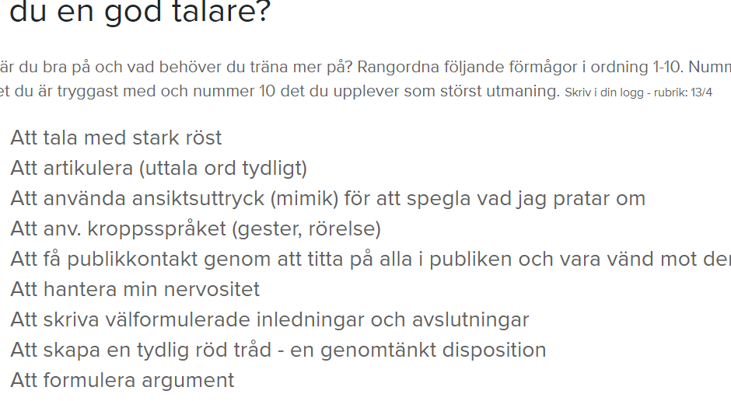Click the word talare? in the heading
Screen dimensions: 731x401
(222, 11)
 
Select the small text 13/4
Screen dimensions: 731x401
(701, 92)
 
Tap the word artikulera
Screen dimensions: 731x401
(88, 168)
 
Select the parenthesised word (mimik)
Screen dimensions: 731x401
(305, 198)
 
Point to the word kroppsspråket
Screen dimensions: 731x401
(156, 229)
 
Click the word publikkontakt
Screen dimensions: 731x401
(132, 260)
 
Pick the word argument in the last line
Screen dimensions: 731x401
(188, 381)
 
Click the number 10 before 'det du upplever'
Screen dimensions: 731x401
(268, 91)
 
